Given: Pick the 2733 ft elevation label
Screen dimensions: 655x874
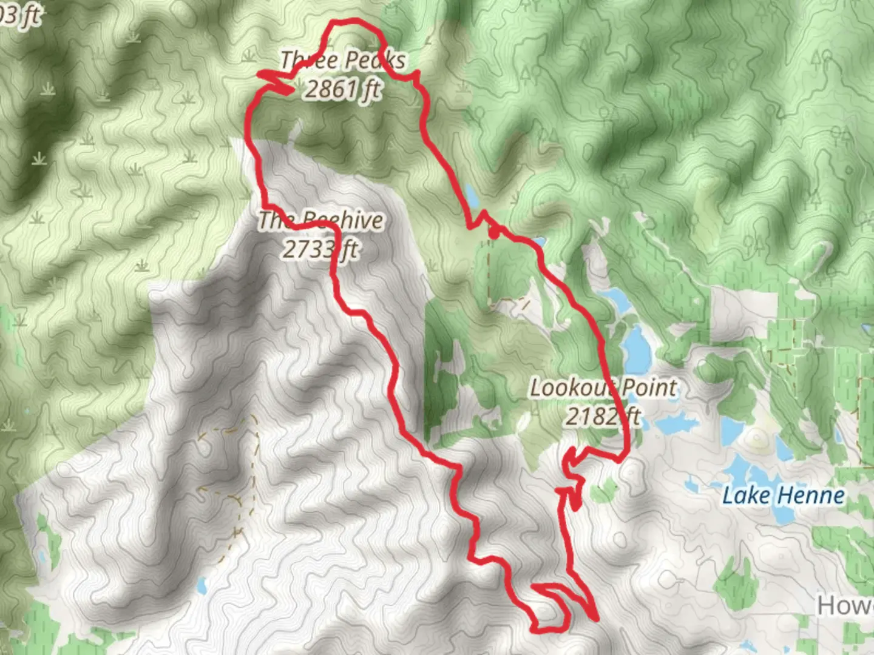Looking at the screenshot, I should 320,249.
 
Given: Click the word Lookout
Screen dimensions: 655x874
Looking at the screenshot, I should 573,387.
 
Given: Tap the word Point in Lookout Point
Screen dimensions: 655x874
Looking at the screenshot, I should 649,387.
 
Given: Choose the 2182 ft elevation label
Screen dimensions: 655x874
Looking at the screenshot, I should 603,417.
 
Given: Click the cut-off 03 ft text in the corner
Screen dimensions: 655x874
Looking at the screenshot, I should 19,16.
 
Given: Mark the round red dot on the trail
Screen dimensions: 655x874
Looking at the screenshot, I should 495,230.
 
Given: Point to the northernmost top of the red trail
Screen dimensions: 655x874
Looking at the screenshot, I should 349,22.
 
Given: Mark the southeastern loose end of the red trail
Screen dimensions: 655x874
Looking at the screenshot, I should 597,619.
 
